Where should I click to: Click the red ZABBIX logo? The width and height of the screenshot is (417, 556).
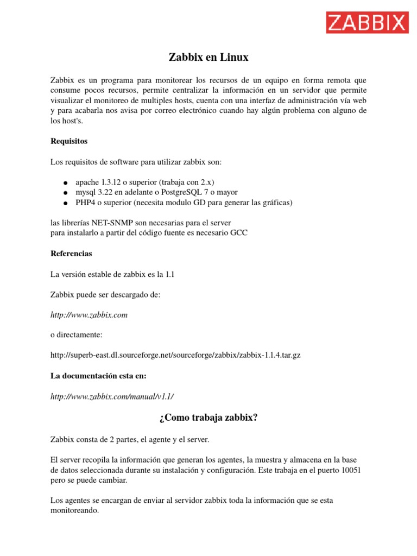(367, 23)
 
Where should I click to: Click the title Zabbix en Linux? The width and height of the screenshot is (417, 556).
(208, 57)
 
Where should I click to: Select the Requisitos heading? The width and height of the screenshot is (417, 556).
(69, 141)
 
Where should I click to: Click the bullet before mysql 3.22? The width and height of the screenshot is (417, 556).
(65, 193)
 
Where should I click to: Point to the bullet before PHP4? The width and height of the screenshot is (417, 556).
(65, 203)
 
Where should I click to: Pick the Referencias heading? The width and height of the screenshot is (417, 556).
(71, 254)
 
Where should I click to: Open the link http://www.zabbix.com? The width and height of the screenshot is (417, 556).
(89, 314)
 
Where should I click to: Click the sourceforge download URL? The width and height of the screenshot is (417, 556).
(175, 355)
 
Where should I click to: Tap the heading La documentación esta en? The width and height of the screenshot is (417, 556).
(98, 375)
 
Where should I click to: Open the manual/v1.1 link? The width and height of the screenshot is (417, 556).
(112, 396)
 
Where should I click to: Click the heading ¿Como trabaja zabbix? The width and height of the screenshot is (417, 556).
(208, 417)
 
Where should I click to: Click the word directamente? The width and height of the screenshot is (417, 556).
(79, 334)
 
